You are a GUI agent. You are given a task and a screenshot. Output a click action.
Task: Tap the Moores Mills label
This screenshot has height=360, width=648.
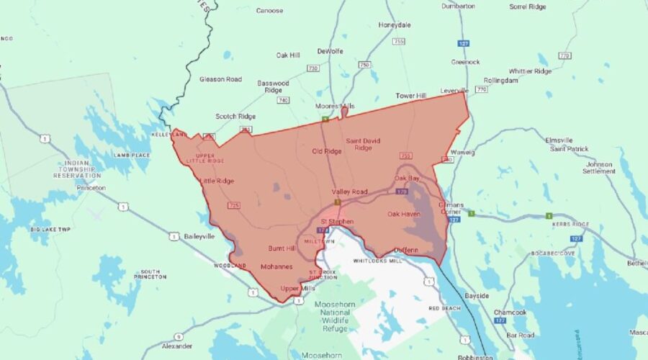coord(335,106)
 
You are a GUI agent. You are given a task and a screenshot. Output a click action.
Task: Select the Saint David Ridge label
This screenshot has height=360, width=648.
coord(363,143)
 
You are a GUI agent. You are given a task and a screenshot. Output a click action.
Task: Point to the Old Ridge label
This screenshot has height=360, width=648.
coord(326,151)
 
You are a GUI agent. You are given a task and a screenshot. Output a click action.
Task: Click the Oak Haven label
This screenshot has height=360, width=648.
coord(403,214)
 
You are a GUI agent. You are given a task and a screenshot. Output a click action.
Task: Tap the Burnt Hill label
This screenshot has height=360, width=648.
coord(282,248)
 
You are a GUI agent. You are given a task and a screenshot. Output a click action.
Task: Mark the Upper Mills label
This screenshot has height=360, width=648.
coord(298,289)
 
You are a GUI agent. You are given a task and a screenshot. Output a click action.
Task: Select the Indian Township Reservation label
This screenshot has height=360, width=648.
coord(77,169)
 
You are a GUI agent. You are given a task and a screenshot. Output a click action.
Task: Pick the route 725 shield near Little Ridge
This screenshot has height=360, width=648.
coord(233,206)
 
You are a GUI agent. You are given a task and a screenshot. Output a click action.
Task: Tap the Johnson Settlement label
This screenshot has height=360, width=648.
coord(599,168)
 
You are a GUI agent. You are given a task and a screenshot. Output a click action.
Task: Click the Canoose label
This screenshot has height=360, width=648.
coord(269,11)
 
